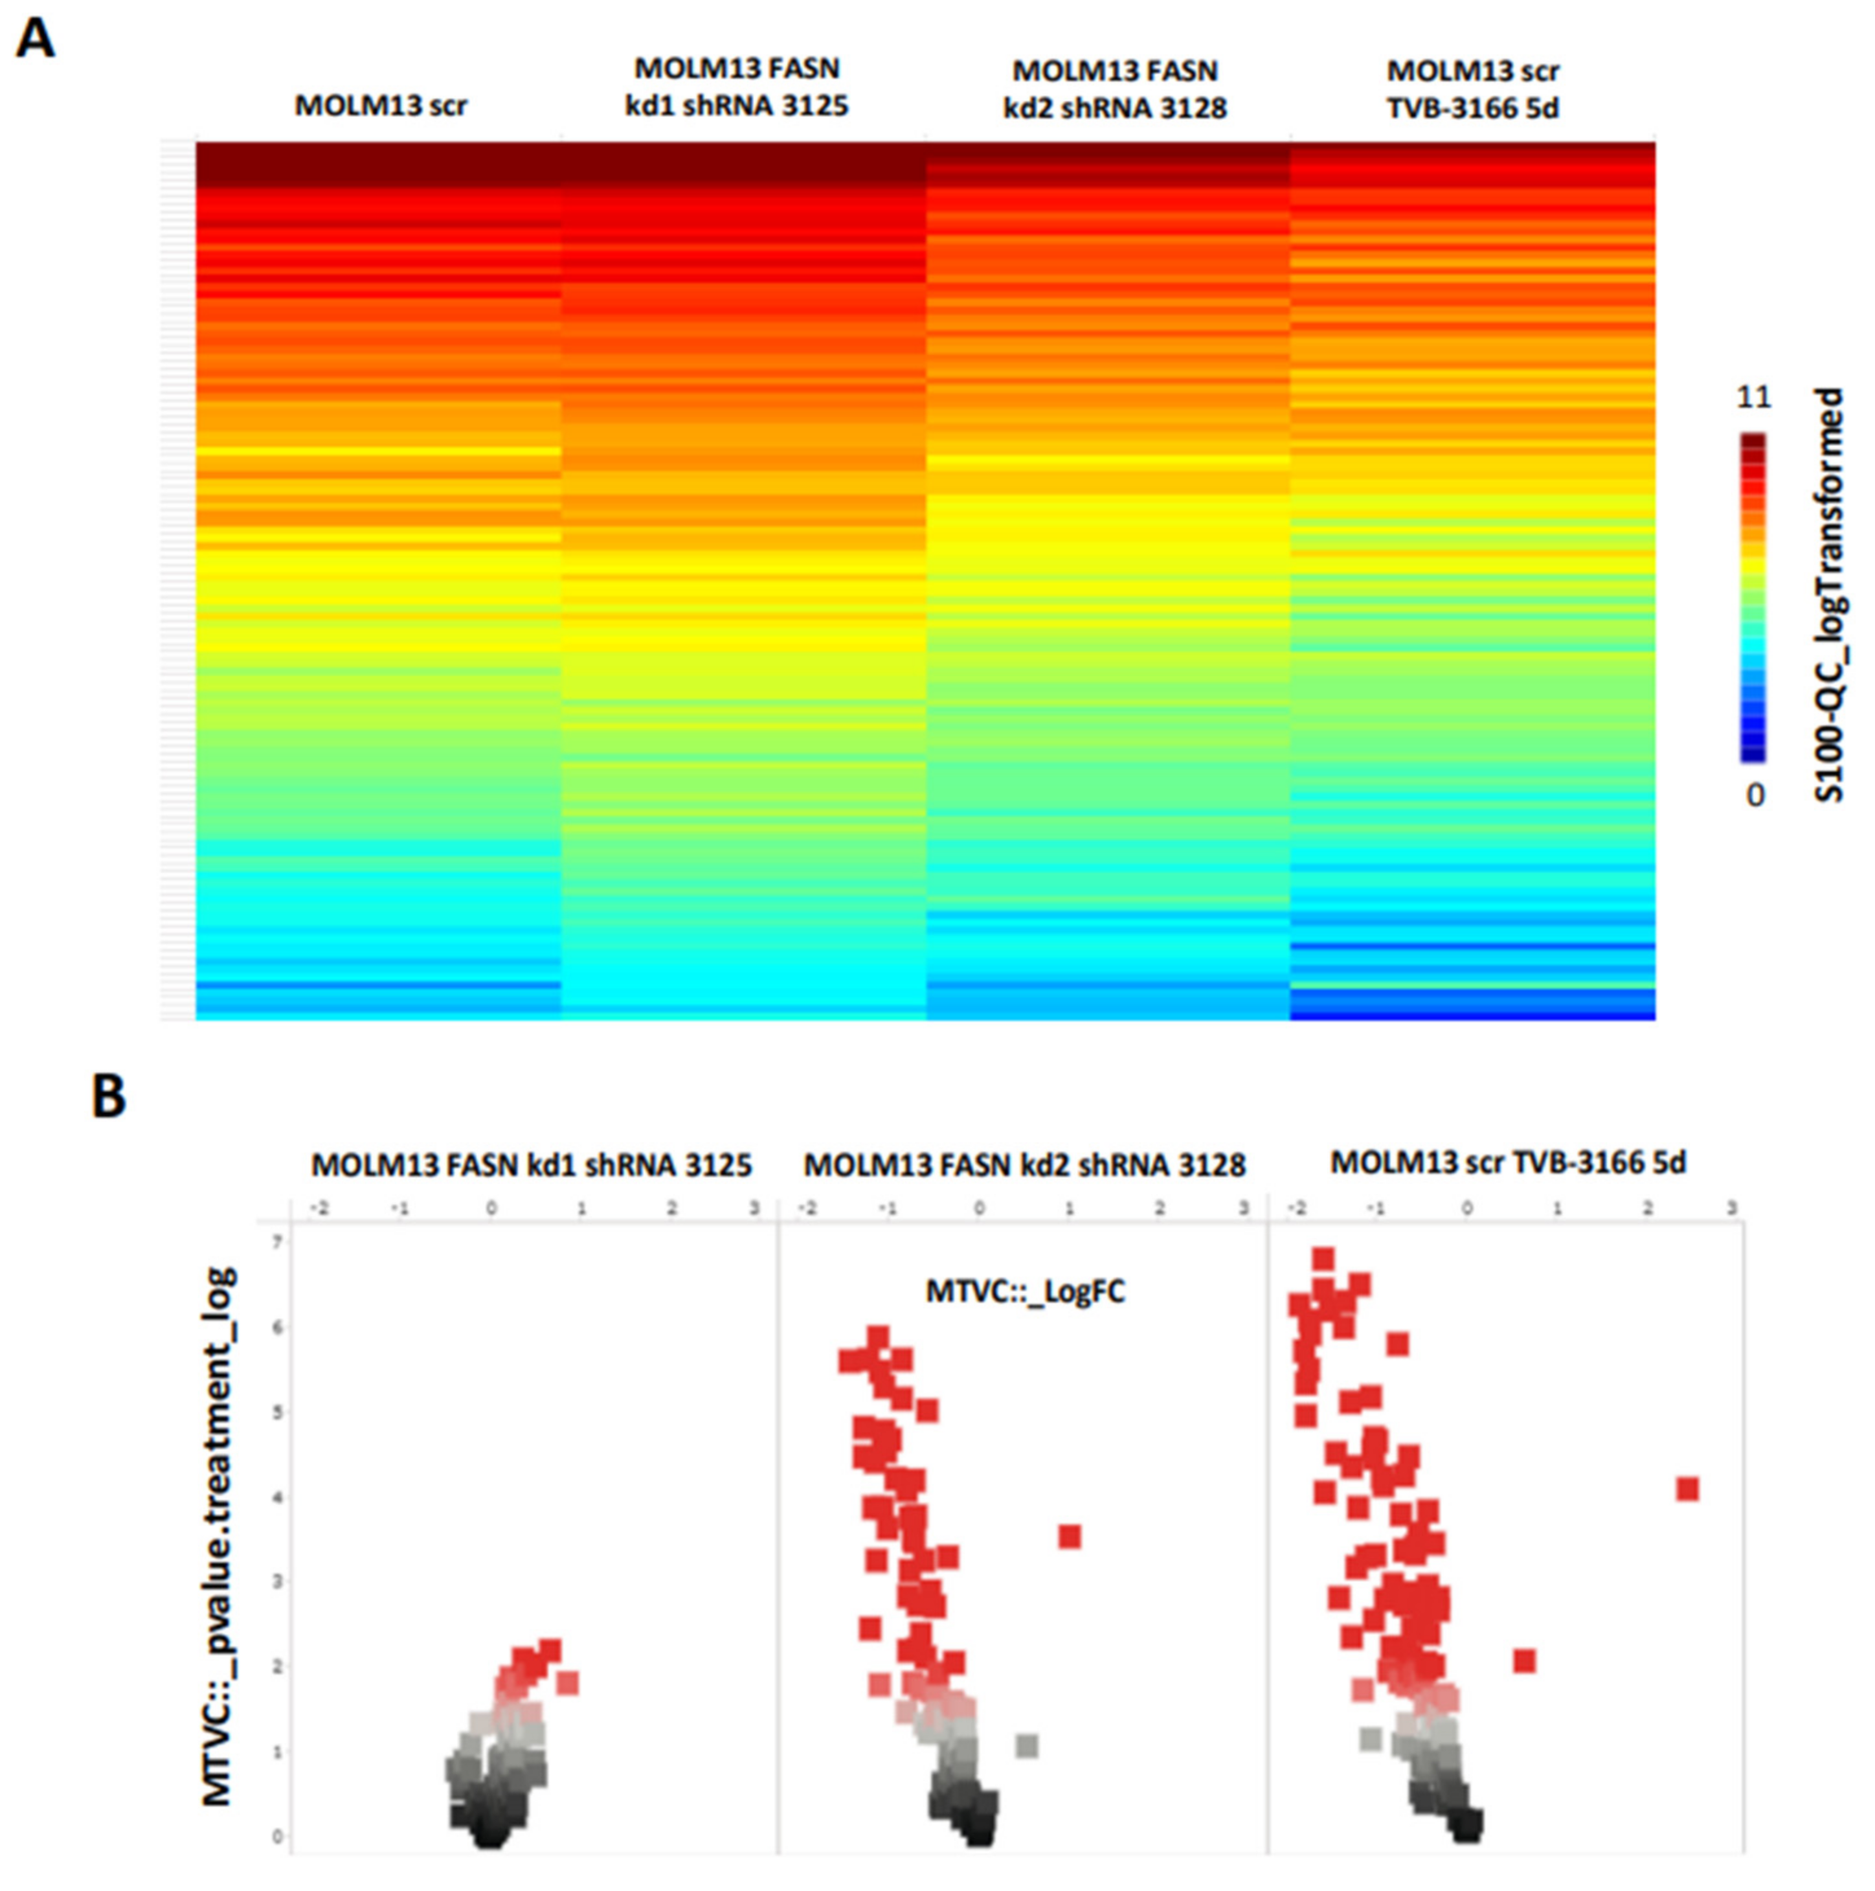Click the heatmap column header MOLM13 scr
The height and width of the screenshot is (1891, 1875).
[x=381, y=105]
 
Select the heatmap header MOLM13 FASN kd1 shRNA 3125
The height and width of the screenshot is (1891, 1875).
[x=736, y=87]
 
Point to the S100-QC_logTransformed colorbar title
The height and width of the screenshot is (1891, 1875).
[x=1828, y=595]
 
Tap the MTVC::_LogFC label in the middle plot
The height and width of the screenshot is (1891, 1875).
[x=1025, y=1291]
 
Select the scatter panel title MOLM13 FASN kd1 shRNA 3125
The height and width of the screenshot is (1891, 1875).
[x=532, y=1165]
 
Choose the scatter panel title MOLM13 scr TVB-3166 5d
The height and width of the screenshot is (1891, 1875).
[x=1508, y=1162]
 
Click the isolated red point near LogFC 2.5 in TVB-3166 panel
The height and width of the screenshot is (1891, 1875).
[x=1687, y=1489]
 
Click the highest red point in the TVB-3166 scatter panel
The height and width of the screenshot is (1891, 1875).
[x=1324, y=1258]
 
